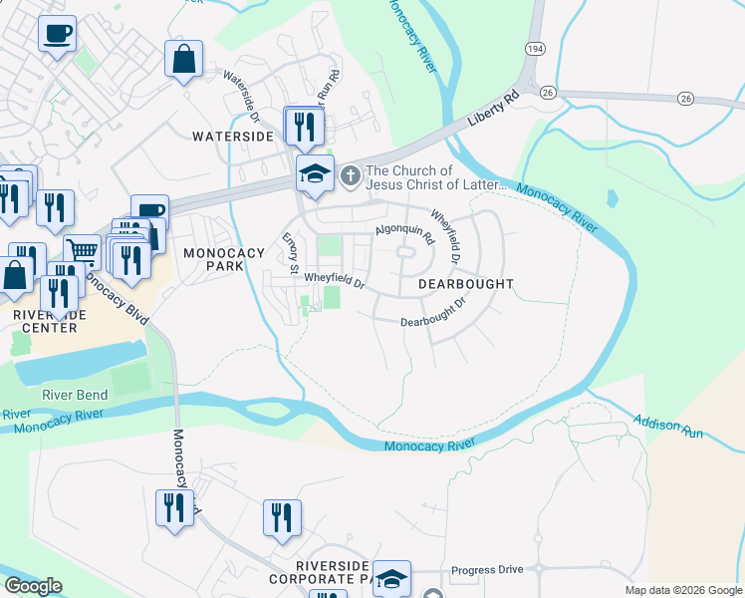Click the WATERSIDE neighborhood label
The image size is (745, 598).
232,137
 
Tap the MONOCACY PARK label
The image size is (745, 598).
223,261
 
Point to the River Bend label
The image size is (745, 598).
75,395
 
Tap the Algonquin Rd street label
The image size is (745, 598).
405,235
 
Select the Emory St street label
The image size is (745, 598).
291,253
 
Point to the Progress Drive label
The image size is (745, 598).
486,570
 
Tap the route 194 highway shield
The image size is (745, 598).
534,48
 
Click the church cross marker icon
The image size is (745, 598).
350,176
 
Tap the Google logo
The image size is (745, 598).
33,586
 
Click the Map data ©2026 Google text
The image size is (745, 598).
682,590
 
